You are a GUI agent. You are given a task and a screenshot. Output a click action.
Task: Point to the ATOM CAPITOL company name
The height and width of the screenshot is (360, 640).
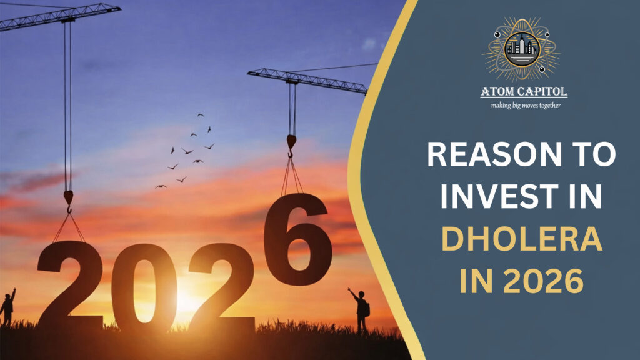tap(524, 92)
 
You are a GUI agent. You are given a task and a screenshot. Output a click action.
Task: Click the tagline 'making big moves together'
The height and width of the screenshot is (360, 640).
tap(524, 105)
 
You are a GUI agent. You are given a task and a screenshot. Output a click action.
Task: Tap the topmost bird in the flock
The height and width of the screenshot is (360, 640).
tap(200, 115)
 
